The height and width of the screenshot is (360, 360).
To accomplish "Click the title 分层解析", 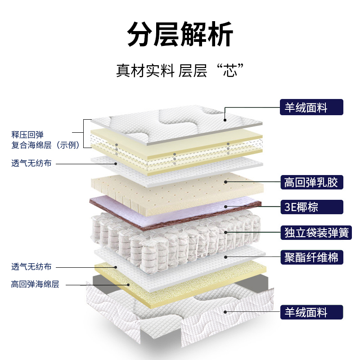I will (x=180, y=35).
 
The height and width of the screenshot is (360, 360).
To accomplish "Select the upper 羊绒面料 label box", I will (x=311, y=108).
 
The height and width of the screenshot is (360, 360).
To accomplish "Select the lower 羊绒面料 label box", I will (x=311, y=312).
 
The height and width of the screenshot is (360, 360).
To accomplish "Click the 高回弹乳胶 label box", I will (x=311, y=182).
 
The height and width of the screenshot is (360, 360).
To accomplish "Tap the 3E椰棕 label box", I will (x=311, y=207).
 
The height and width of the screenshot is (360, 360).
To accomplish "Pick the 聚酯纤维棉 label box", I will (x=311, y=257).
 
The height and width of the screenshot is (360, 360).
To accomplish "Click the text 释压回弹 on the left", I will (x=27, y=135).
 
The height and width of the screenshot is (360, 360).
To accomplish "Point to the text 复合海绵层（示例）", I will (x=45, y=145).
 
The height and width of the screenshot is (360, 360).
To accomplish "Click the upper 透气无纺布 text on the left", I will (x=31, y=163).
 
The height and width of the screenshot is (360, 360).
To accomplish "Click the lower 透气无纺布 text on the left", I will (x=31, y=266).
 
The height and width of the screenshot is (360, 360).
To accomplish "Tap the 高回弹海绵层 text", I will (x=35, y=284).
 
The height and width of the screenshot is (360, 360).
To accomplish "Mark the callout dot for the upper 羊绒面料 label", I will (x=225, y=120).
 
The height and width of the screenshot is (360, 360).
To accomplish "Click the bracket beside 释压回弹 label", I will (x=85, y=133).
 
